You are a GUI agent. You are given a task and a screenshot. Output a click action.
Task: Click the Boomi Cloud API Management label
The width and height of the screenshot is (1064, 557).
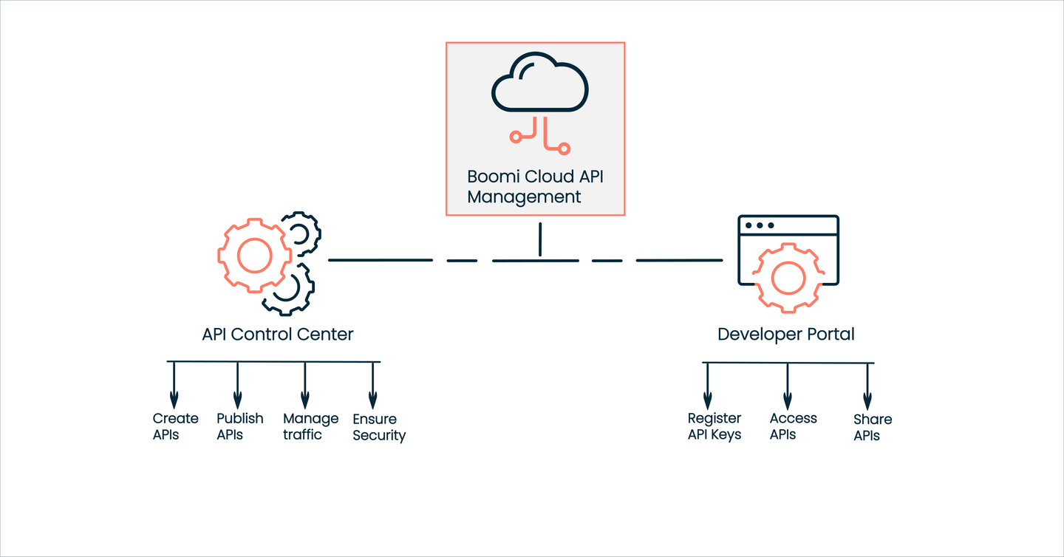coord(536,187)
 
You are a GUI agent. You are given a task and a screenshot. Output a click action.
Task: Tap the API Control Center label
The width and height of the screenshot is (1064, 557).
coord(278,334)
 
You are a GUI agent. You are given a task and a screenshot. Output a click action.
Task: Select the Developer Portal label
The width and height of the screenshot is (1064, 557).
coord(786,334)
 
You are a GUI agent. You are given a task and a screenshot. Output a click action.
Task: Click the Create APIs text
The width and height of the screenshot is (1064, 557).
coord(175,426)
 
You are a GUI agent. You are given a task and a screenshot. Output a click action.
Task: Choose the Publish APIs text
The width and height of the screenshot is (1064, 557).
coord(239,426)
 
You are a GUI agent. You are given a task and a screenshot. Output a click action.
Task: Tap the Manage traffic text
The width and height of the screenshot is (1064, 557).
coord(310,426)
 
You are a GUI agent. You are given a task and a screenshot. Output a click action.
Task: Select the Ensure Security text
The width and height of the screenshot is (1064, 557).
coord(379,428)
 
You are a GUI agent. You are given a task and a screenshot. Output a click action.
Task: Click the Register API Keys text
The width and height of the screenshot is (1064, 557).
coord(715,426)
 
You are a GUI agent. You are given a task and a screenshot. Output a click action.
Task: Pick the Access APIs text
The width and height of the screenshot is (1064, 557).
coord(793,426)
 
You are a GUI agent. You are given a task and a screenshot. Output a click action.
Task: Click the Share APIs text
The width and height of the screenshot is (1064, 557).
coord(872,427)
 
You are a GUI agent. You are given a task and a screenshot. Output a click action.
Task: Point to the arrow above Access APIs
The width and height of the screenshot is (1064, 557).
coord(788,386)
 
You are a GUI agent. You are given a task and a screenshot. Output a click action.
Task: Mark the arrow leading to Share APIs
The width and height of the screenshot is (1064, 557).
coord(867,386)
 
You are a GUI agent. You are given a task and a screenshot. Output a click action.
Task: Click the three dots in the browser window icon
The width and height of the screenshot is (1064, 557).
coord(760,225)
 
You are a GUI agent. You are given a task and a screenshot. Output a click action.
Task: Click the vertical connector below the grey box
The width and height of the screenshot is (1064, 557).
coord(540,239)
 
